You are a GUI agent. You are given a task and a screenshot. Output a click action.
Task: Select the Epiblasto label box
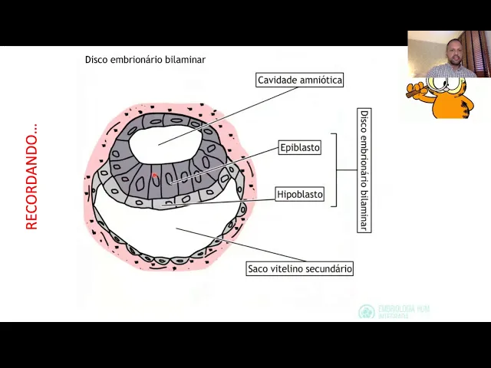(x=300, y=147)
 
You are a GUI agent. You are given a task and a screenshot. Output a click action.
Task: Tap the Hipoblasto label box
(x=300, y=195)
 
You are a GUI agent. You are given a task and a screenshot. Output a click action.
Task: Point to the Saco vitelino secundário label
(x=299, y=269)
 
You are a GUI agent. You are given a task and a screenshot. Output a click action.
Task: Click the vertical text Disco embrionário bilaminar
(x=364, y=169)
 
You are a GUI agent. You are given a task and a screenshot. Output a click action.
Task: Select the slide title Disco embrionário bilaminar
(x=145, y=59)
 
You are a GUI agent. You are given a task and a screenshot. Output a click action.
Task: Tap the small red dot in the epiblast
(x=154, y=176)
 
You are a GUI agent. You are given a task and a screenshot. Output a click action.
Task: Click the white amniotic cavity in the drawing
(x=161, y=138)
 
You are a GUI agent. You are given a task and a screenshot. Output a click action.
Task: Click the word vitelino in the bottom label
(x=289, y=269)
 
